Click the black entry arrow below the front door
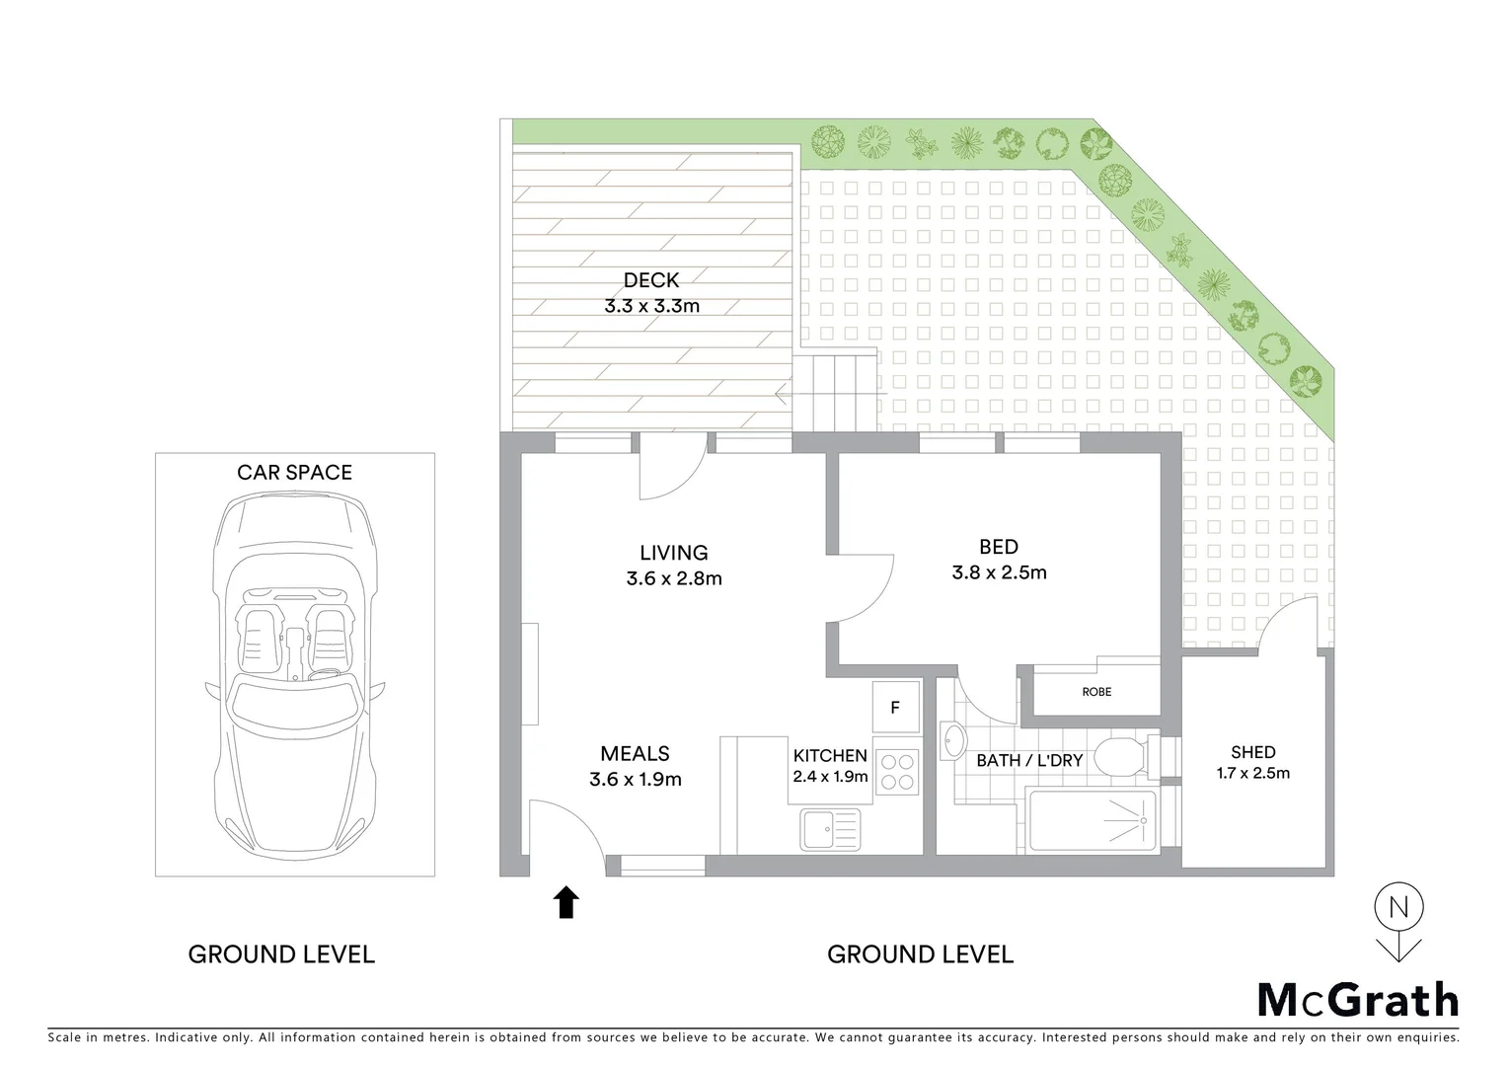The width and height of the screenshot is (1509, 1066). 566,902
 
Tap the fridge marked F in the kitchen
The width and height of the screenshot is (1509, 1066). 895,708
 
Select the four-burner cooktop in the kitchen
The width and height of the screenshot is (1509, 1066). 897,771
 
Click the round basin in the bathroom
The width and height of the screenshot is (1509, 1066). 953,742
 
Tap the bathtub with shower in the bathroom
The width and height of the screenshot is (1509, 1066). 1092,820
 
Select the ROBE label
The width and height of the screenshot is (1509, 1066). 1096,692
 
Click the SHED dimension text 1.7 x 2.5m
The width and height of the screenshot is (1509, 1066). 1252,773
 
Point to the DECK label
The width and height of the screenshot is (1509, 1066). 651,281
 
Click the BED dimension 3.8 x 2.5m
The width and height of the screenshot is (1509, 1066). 999,572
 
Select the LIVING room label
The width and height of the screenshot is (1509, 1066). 674,553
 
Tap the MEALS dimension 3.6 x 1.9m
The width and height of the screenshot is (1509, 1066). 636,779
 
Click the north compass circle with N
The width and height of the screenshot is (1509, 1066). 1398,906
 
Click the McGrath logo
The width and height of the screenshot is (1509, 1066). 1357,1000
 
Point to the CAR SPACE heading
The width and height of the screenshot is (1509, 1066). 294,473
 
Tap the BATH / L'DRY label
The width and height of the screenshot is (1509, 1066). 1029,761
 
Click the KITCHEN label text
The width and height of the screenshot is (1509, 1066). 830,756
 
